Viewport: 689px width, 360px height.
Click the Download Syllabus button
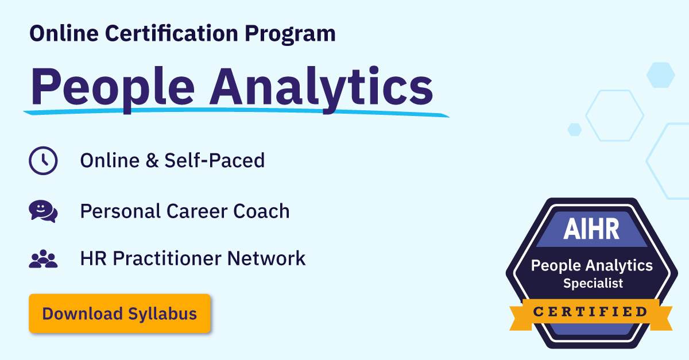pos(119,314)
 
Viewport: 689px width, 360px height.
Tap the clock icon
pos(43,161)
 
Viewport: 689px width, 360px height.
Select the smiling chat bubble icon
pos(43,211)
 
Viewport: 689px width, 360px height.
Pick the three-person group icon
pos(43,260)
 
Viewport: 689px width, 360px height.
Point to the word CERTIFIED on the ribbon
pos(591,312)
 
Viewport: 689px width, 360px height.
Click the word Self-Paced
pos(215,160)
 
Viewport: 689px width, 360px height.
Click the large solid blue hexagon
pos(660,75)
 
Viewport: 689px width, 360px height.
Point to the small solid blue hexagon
pos(574,129)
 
